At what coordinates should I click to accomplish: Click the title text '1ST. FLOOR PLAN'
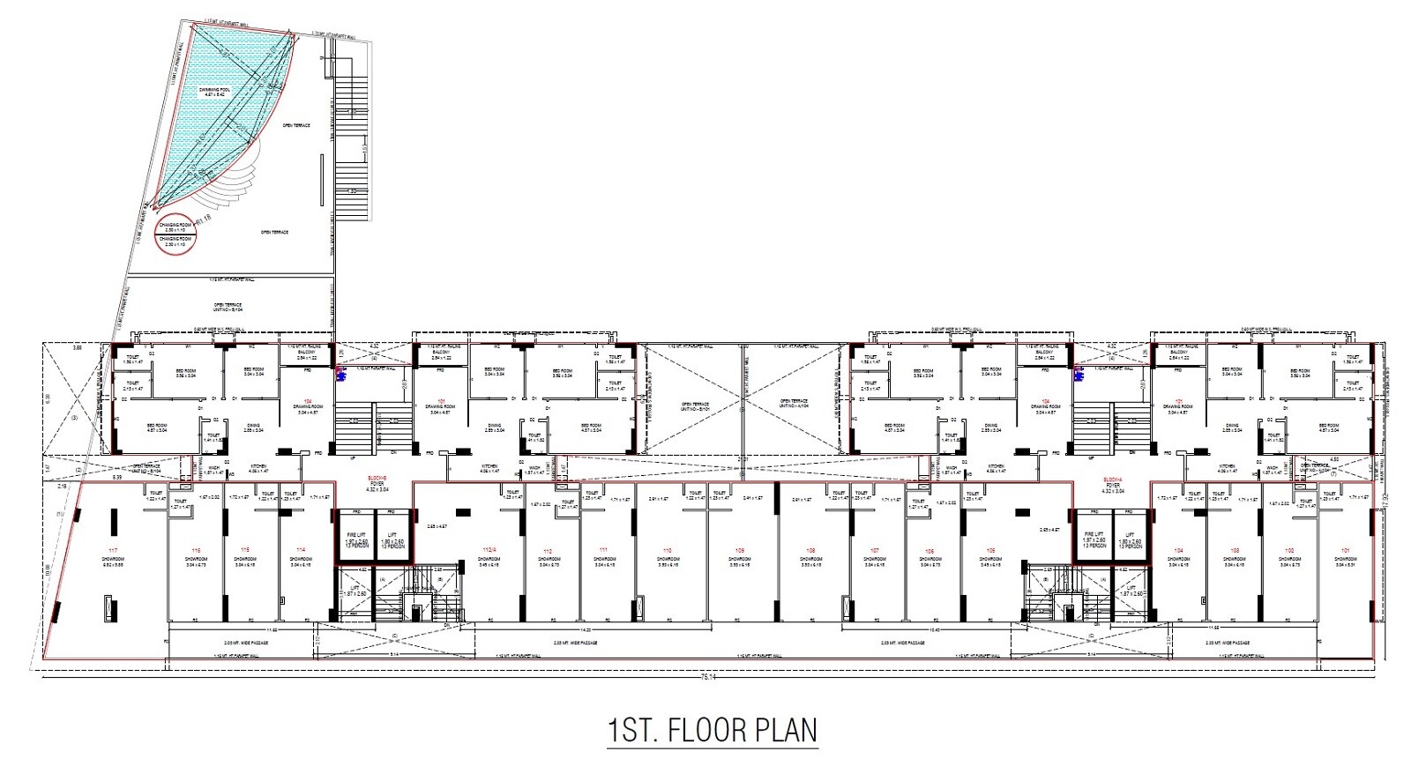(x=713, y=731)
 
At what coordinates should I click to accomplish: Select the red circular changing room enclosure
(x=175, y=233)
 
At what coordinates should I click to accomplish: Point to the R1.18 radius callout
(x=205, y=218)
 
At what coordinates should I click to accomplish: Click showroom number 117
(x=112, y=550)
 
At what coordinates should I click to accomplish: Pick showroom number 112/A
(x=489, y=550)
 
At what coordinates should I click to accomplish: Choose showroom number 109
(x=739, y=550)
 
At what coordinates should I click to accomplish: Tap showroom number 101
(x=1346, y=550)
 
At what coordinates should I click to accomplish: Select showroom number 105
(x=990, y=550)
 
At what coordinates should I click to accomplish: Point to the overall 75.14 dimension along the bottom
(x=706, y=677)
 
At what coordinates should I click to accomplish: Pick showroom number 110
(x=668, y=550)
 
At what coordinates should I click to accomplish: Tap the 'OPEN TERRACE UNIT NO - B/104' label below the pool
(x=228, y=307)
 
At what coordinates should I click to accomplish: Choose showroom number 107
(x=874, y=550)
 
